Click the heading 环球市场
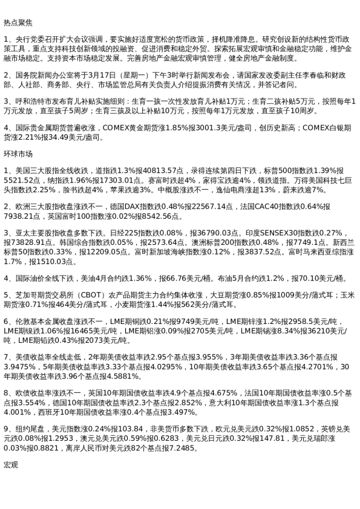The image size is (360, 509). (x=18, y=154)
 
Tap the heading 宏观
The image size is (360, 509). (x=11, y=464)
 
